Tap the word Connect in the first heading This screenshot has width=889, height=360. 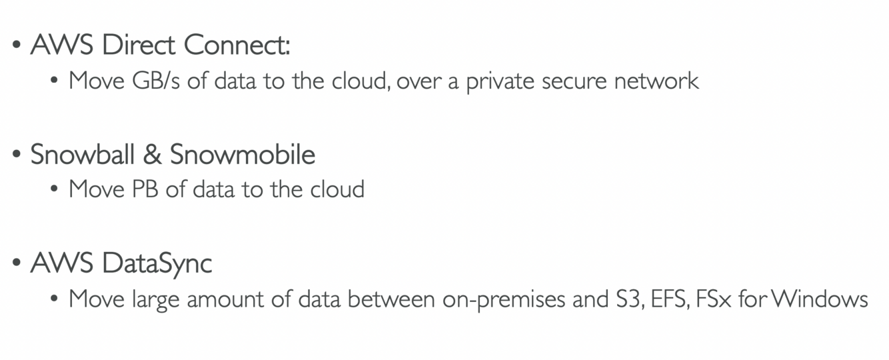coord(237,45)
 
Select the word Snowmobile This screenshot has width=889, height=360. coord(243,154)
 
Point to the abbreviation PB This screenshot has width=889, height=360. coord(145,189)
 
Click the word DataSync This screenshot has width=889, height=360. coord(157,263)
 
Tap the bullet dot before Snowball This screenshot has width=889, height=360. coord(17,155)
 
